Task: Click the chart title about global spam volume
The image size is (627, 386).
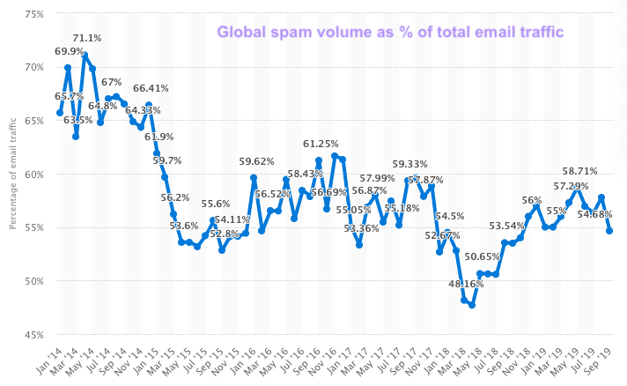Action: [x=390, y=33]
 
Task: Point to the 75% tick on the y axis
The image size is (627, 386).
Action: [x=33, y=14]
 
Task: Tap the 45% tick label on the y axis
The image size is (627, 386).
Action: [x=33, y=335]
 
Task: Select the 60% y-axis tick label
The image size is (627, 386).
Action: [x=33, y=174]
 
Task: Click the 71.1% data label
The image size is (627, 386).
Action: [x=86, y=38]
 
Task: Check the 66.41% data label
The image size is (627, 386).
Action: [x=151, y=88]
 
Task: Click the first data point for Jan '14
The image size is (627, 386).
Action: [x=59, y=113]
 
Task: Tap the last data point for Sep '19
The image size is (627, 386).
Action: [x=609, y=231]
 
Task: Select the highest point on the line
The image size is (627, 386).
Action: [x=85, y=55]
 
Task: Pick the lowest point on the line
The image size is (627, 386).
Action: [x=472, y=305]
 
